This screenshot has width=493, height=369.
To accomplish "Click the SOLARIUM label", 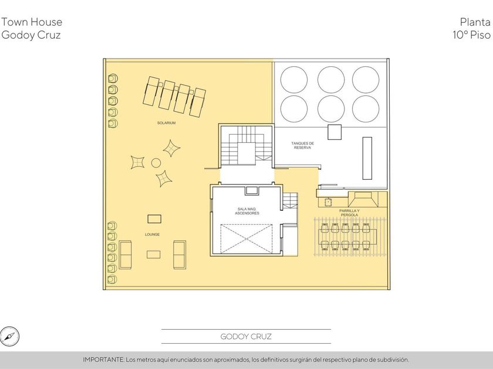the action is click(166, 123).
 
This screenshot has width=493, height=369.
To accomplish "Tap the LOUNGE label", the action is click(152, 234).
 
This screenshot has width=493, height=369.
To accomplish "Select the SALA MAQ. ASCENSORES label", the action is click(247, 211).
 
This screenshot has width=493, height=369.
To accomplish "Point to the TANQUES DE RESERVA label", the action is click(302, 145).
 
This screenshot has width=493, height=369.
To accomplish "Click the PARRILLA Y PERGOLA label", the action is click(349, 213).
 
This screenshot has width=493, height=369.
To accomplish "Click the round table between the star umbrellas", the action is click(156, 163).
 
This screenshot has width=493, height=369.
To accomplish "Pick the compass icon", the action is click(10, 336).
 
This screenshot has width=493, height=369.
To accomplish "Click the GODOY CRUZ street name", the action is click(246, 337).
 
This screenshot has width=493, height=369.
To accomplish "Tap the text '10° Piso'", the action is click(471, 35).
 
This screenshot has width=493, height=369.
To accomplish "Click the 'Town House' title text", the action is click(32, 22).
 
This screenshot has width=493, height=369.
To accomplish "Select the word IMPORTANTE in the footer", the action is click(103, 360).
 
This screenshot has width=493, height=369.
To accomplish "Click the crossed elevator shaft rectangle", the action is click(246, 239).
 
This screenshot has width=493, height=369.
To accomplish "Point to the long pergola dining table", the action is click(347, 237).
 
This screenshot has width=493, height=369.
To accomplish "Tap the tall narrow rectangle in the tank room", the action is click(367, 158).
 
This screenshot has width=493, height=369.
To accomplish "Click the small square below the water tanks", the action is click(335, 132).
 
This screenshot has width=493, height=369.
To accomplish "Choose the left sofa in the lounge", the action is click(125, 255).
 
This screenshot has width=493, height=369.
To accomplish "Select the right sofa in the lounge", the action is click(180, 255).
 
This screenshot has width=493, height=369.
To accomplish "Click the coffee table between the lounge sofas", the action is click(153, 254).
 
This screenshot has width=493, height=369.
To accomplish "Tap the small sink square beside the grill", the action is click(328, 202).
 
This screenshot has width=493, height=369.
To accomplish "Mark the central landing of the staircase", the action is click(246, 153).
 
